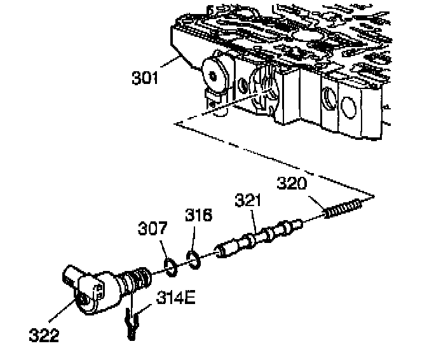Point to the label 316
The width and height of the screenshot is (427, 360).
pos(200,216)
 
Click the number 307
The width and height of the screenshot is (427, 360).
pos(154,227)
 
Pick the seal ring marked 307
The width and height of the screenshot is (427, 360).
pos(170,266)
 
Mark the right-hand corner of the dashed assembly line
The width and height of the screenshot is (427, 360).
pos(375,195)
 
